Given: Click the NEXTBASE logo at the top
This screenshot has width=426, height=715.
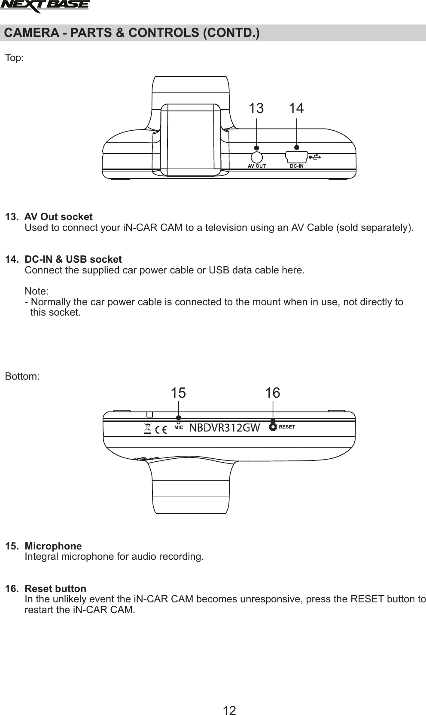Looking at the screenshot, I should pos(45,6).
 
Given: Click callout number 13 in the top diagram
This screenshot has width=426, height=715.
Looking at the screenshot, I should pos(256,108).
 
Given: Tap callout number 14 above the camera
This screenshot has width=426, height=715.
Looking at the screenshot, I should pos(296,108).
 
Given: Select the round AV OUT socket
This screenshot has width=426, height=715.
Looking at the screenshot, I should pos(257,156).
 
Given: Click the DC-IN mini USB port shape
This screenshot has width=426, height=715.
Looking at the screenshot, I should pos(296,157).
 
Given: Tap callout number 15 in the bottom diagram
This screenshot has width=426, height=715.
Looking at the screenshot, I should pos(178,393).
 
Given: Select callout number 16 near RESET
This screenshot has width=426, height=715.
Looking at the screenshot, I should pos(272,393).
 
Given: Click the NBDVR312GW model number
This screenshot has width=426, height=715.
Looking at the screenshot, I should pos(225,428).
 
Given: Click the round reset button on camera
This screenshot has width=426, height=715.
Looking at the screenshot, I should pos(273,427).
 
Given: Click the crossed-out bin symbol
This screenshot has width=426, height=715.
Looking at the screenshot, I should pos(148,428).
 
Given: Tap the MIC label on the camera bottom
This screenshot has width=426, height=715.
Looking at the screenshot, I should pos(179,428).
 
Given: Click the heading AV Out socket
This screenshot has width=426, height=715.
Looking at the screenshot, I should pos(58,216).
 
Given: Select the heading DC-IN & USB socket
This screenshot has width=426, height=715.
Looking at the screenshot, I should pos(73,259).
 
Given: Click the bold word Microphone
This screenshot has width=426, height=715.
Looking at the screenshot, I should pos(53,546).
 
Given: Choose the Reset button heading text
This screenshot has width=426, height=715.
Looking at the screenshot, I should pos(55,588).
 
